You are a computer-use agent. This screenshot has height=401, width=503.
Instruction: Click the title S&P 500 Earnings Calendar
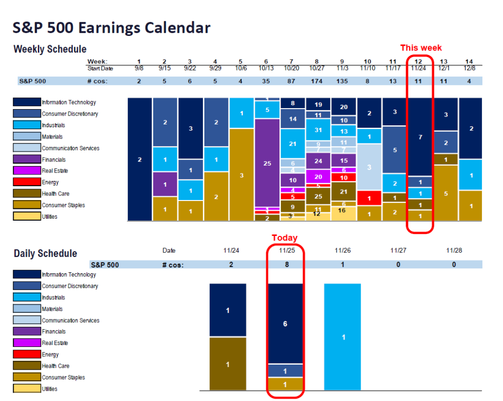click(112, 28)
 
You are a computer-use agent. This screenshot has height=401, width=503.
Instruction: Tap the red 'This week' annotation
click(420, 48)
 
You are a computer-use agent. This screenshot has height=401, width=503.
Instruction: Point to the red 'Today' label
click(285, 237)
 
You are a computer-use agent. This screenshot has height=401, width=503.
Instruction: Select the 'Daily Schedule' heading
click(45, 254)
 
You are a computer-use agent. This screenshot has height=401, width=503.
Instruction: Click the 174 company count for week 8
click(318, 81)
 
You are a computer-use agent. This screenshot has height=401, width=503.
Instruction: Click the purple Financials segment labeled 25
click(267, 163)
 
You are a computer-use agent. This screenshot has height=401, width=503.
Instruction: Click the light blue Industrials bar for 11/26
click(342, 337)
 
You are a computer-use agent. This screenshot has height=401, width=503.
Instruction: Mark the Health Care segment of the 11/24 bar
click(227, 364)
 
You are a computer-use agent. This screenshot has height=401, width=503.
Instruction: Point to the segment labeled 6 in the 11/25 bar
click(285, 323)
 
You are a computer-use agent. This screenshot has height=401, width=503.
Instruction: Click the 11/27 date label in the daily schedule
click(398, 251)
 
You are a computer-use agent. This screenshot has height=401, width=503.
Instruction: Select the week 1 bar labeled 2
click(140, 159)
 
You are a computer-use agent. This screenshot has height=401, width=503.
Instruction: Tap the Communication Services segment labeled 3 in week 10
click(369, 167)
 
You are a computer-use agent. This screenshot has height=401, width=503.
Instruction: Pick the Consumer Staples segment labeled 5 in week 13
click(446, 193)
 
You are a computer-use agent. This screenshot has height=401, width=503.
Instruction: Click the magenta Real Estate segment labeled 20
click(318, 176)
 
